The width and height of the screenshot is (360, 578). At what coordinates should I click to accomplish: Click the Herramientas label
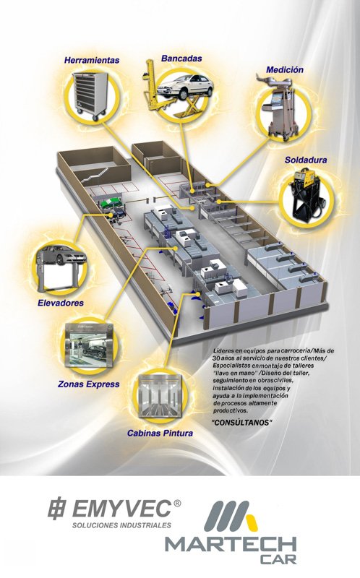pos(92,60)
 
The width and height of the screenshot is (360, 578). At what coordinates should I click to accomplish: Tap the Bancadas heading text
pos(181,59)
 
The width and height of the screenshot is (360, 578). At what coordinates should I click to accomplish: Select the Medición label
pos(285,69)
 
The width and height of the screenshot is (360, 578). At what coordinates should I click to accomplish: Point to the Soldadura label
pos(306,160)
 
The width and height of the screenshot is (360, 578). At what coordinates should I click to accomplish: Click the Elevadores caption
pos(61,303)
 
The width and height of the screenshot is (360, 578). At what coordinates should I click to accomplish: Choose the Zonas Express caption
pos(88,384)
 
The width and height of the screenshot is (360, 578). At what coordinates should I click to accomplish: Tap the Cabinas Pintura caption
pos(160,433)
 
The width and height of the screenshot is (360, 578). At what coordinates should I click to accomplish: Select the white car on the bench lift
pos(185,86)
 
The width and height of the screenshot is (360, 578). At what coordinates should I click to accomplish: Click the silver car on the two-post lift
pos(62,255)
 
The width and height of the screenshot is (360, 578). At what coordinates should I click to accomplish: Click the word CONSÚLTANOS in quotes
pos(242,423)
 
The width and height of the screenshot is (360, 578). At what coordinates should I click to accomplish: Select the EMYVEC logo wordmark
pos(121,509)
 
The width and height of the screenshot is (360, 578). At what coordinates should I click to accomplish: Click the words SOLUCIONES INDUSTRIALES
pos(121,525)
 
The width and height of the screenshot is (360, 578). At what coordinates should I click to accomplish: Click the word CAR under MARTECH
pos(278,559)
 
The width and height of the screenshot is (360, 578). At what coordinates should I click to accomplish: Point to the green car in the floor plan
pos(112,203)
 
